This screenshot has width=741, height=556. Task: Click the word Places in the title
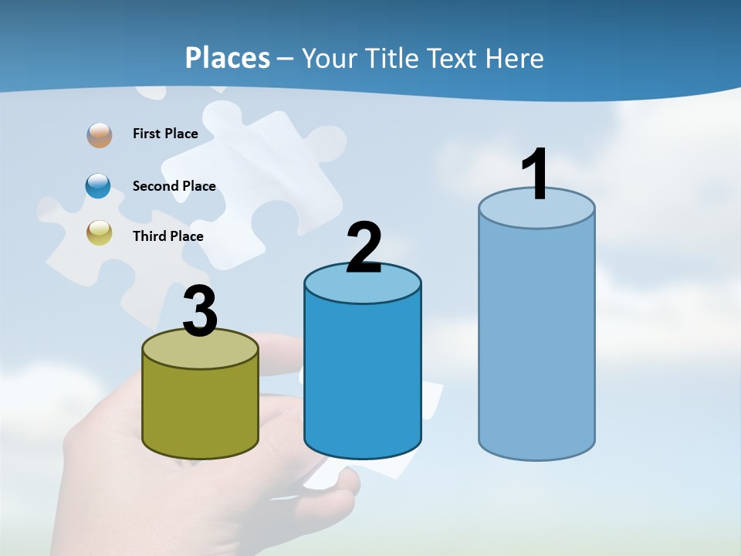point(228,58)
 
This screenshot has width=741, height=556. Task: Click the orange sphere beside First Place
point(99,134)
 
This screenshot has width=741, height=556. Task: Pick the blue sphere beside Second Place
point(99,186)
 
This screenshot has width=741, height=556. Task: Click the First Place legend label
point(165,134)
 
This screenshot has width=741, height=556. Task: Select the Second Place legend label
point(174,186)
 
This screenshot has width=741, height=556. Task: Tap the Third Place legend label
point(167,236)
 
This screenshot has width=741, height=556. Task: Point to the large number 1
point(535,175)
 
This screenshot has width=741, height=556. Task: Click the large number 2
point(364,248)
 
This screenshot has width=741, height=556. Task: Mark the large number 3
point(200,312)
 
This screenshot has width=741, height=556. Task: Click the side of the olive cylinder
point(200,409)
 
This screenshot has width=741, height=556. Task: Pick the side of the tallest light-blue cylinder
point(536,340)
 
